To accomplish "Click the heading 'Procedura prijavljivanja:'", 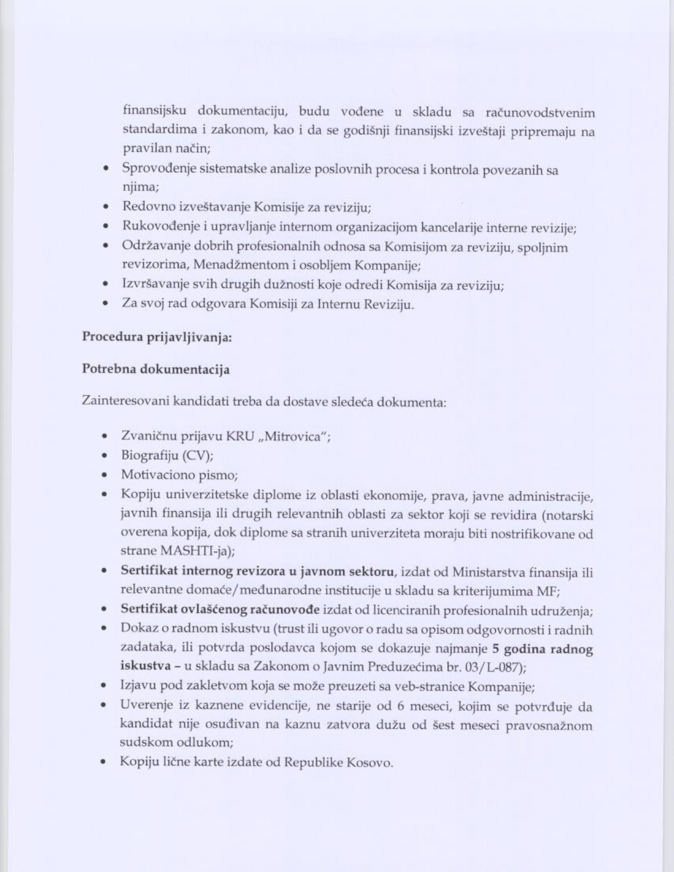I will click(x=156, y=337).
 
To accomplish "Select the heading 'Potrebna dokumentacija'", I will click(x=156, y=369).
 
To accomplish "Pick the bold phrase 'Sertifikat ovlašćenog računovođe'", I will click(x=220, y=610).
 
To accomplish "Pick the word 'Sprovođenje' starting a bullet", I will click(x=152, y=169).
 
